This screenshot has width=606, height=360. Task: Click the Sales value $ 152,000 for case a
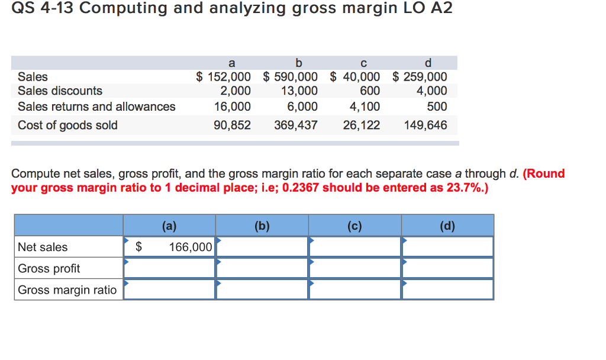224,77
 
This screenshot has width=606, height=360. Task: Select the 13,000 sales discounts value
299,91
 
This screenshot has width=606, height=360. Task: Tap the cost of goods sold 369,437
296,126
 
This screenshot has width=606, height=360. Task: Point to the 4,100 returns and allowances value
366,107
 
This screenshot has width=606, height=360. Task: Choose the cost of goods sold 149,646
426,126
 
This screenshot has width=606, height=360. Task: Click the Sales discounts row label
60,91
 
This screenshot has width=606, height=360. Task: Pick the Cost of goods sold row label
67,126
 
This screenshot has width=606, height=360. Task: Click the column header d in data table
428,63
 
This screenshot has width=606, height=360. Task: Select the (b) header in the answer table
262,226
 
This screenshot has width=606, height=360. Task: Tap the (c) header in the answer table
354,226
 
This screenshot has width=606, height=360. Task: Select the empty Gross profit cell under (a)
169,268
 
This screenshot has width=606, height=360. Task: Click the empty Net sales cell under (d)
447,247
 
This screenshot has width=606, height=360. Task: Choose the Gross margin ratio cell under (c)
354,290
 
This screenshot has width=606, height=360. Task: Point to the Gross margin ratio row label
67,290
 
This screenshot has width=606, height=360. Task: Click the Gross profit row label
49,268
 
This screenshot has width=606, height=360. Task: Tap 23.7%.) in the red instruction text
464,188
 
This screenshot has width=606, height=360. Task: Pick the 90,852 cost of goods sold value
232,126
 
